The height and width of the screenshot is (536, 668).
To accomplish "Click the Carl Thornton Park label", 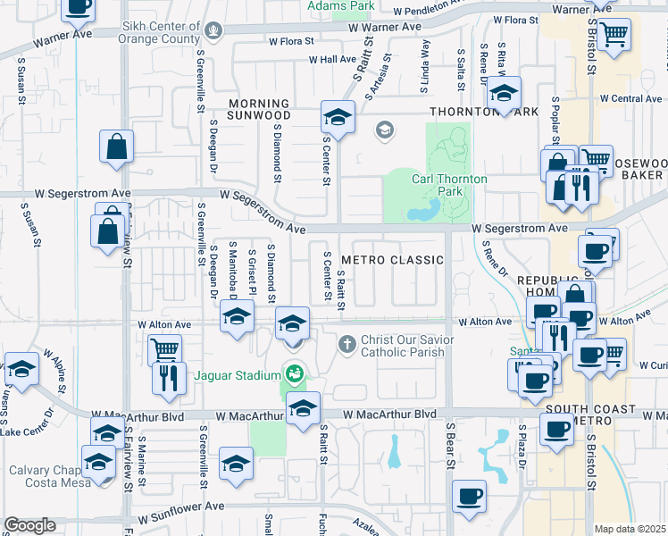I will click(449, 185).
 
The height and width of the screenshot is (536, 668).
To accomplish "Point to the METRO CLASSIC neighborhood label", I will click(392, 260).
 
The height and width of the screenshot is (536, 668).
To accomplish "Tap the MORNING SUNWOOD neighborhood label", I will click(258, 110).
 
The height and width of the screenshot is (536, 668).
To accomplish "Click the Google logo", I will click(29, 525).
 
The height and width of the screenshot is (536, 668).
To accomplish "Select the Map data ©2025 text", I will click(630, 529).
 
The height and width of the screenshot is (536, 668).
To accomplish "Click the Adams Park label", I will click(340, 6).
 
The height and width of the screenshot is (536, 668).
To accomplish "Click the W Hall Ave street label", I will click(332, 60).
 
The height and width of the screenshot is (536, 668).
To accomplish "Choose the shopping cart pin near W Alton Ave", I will click(164, 349).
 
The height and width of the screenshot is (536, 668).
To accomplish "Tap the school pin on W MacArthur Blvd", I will click(304, 407).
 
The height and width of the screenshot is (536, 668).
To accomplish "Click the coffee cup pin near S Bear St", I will click(470, 496).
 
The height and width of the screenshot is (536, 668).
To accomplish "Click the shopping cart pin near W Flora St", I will click(614, 35).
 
